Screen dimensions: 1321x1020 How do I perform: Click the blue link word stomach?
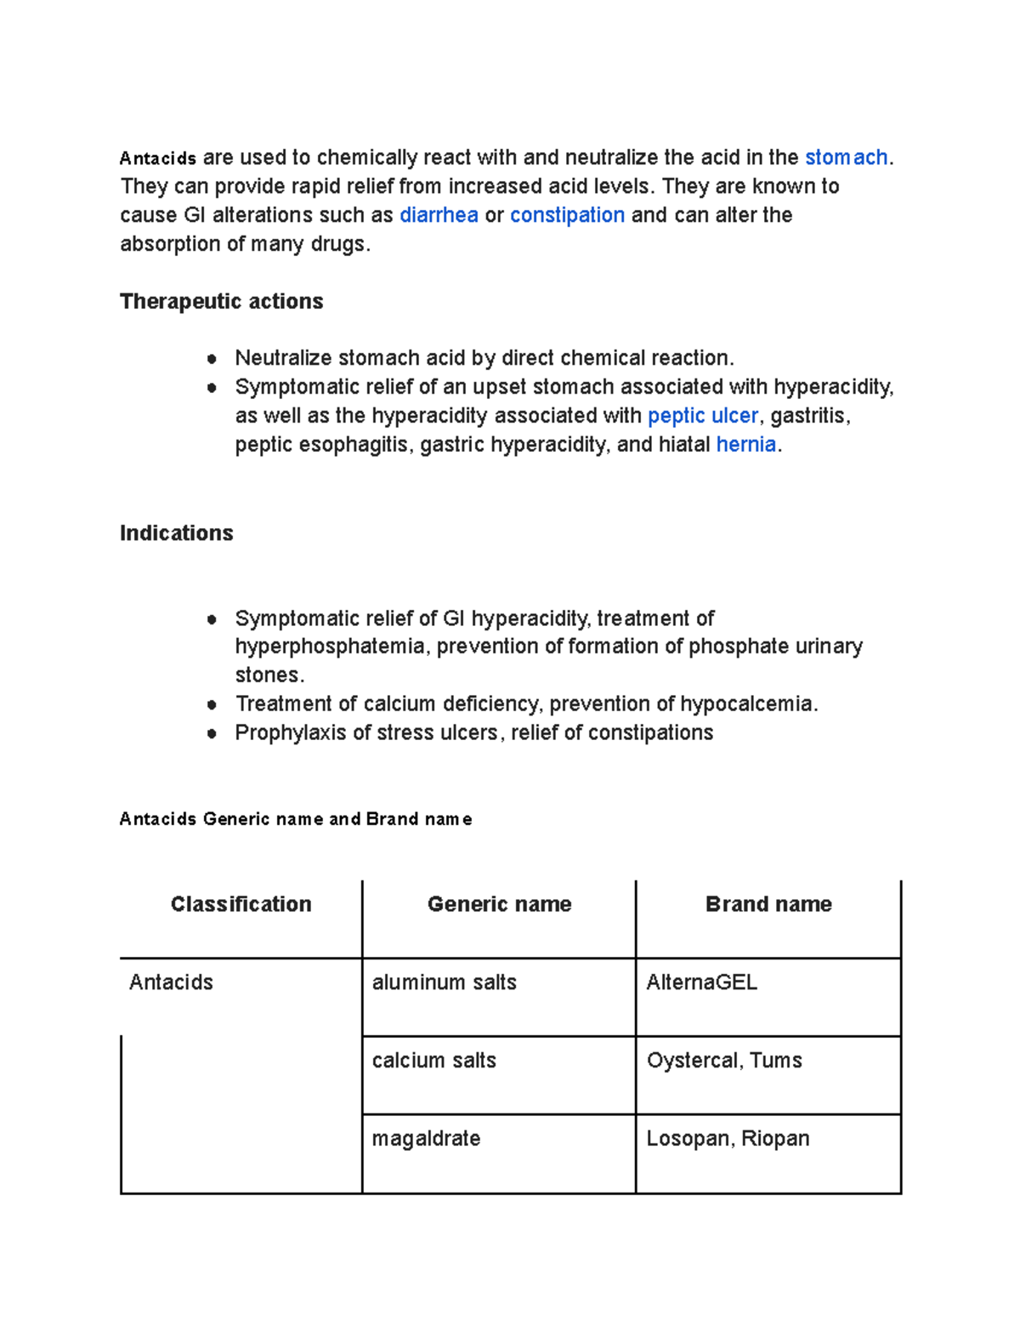846,157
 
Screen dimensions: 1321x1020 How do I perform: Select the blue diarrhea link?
439,215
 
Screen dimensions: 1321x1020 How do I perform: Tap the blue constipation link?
567,215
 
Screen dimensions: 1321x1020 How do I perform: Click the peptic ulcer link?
702,416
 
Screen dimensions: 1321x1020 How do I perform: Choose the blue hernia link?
745,445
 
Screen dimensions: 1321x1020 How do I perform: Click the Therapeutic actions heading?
221,301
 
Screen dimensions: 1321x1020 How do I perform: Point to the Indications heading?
176,533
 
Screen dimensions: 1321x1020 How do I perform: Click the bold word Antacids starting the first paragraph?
158,158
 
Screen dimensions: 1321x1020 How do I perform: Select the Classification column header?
241,904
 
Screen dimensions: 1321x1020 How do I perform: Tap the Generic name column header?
499,904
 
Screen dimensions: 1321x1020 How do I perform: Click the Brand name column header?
768,904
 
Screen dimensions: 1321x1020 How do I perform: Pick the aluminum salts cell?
444,982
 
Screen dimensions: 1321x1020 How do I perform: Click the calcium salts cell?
433,1061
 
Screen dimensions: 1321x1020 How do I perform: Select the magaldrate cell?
426,1139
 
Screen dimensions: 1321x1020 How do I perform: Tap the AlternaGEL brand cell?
701,982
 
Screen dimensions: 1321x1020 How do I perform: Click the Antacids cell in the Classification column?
171,982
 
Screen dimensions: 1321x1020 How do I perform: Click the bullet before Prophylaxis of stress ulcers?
212,733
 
